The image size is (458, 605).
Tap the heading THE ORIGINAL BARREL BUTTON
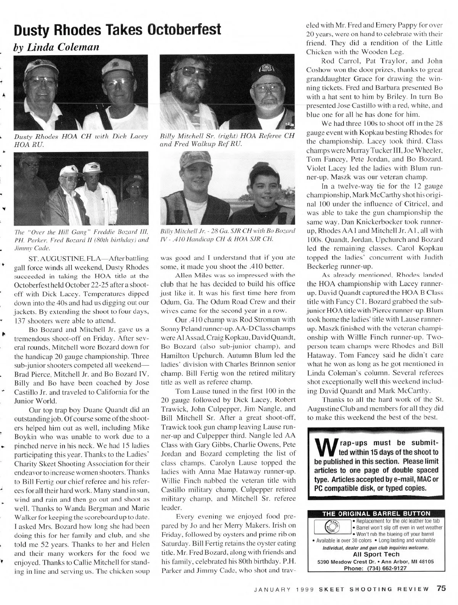pyautogui.click(x=376, y=514)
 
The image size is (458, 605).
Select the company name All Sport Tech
pyautogui.click(x=376, y=554)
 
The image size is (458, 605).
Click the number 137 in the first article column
pyautogui.click(x=19, y=320)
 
